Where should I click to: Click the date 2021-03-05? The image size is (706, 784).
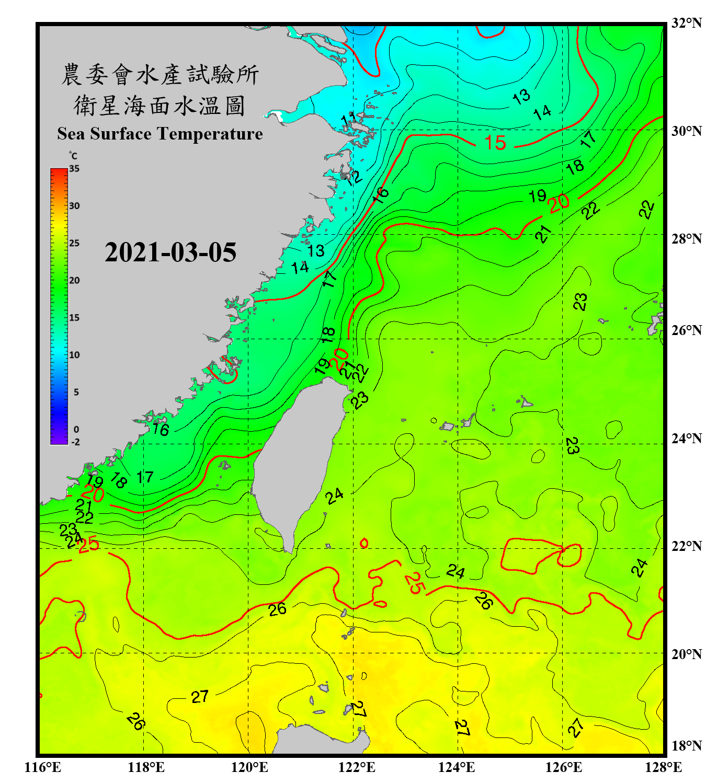point(170,252)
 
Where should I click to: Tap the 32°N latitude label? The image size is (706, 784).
point(686,23)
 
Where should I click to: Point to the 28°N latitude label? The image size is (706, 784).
point(686,239)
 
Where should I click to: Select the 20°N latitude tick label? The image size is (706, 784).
point(686,654)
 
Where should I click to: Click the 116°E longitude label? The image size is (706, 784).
point(43,767)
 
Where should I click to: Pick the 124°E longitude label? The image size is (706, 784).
point(457,767)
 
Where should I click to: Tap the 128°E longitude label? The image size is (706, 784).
point(663,767)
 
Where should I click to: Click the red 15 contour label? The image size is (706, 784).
point(495,143)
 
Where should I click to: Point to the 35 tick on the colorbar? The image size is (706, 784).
point(74,168)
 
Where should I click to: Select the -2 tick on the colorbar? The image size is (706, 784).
point(75,442)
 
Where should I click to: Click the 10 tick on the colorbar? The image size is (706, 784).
point(74,355)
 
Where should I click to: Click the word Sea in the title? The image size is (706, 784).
point(71,134)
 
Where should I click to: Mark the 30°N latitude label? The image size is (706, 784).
point(686,131)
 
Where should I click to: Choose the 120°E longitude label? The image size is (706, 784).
point(249,767)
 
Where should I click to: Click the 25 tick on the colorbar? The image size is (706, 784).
point(74,243)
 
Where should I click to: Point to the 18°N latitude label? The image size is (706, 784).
point(686,746)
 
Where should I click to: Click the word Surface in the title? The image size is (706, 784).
point(121,134)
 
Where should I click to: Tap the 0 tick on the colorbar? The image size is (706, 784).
point(76,429)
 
